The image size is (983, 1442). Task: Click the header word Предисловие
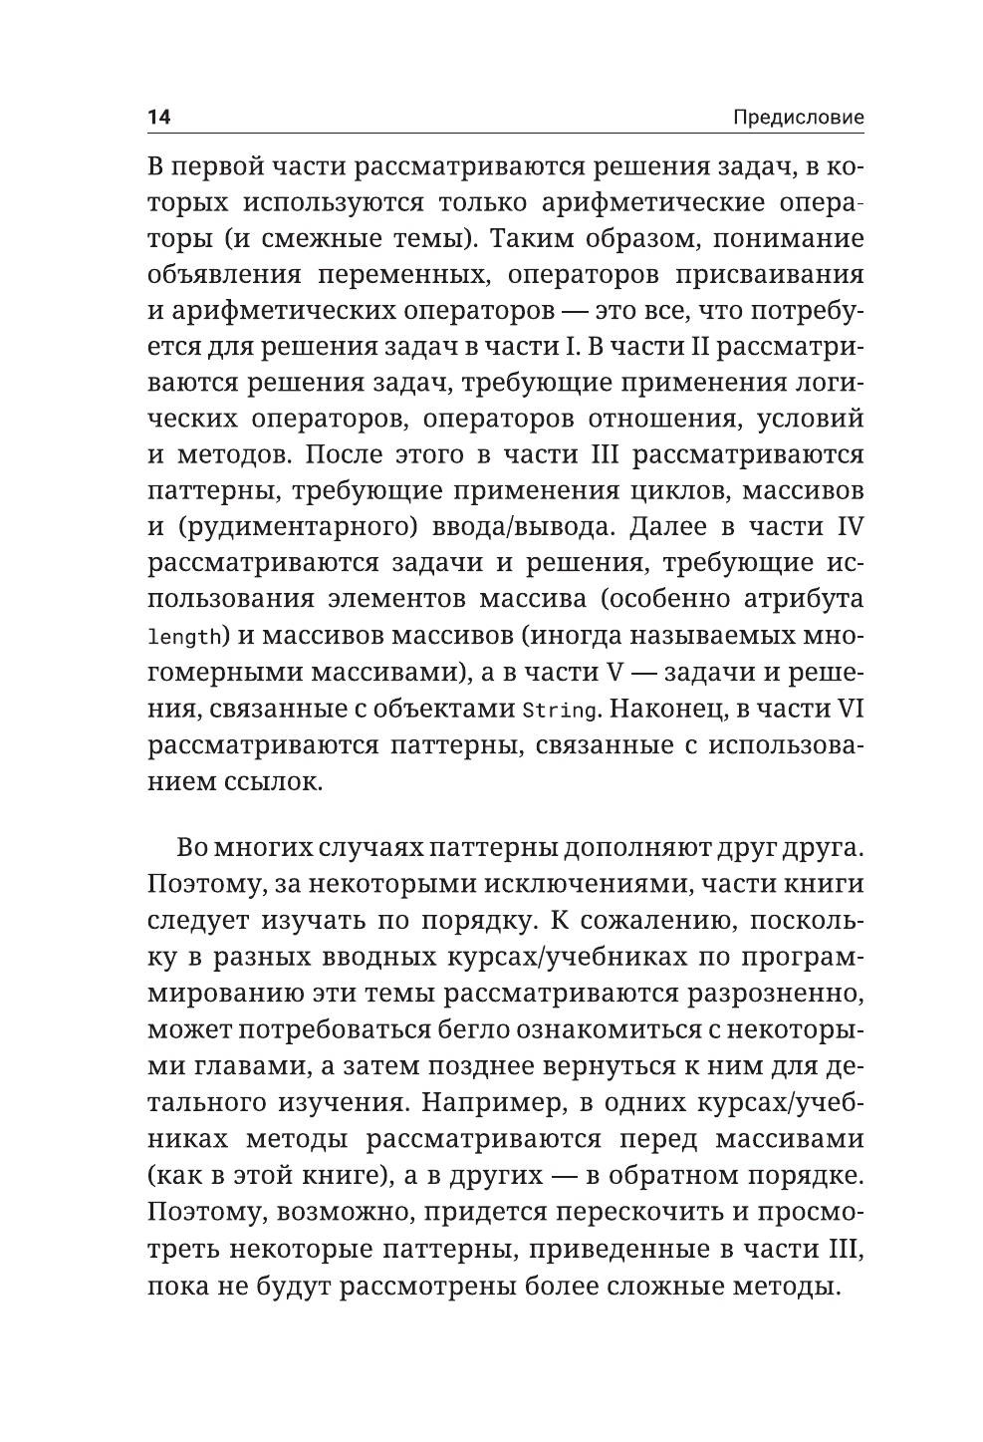click(x=798, y=118)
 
